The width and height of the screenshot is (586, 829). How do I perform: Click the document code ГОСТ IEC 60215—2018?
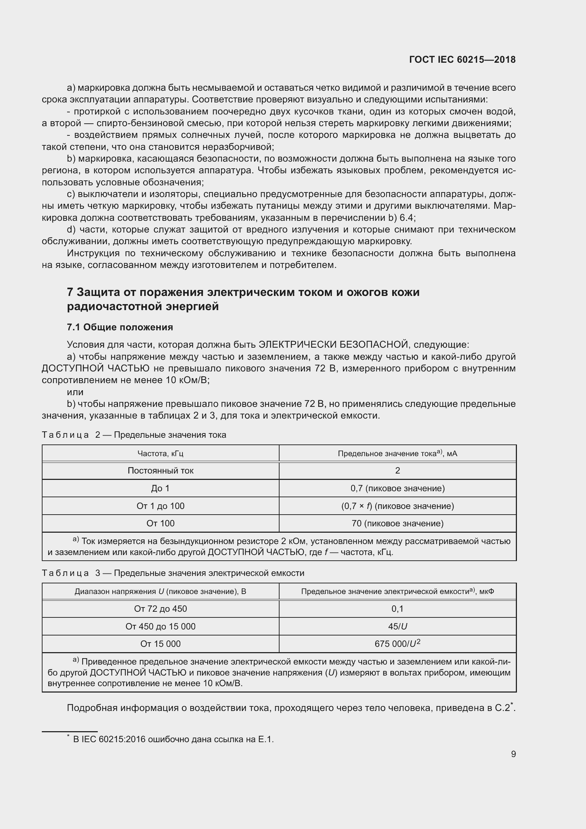pyautogui.click(x=462, y=60)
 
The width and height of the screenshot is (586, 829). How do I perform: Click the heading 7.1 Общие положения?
pyautogui.click(x=120, y=327)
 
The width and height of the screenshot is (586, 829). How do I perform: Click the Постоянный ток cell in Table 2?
pyautogui.click(x=160, y=471)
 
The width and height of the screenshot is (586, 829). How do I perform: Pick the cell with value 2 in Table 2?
pyautogui.click(x=397, y=471)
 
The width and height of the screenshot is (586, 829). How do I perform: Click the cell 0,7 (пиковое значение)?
pyautogui.click(x=397, y=488)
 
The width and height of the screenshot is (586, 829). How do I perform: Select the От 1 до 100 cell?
pyautogui.click(x=160, y=506)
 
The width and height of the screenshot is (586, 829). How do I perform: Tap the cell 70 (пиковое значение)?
pyautogui.click(x=397, y=523)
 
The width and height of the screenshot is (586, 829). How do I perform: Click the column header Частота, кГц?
pyautogui.click(x=160, y=454)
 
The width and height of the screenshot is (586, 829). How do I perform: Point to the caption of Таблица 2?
pyautogui.click(x=134, y=435)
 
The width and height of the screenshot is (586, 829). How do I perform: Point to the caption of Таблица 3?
pyautogui.click(x=173, y=573)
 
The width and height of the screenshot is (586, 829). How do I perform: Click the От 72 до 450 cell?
pyautogui.click(x=160, y=609)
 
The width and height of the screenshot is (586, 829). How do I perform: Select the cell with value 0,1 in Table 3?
pyautogui.click(x=397, y=609)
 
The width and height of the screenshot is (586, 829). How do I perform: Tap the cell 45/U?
pyautogui.click(x=397, y=626)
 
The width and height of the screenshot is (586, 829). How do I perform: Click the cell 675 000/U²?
pyautogui.click(x=397, y=644)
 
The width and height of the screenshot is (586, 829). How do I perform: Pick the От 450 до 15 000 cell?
pyautogui.click(x=160, y=626)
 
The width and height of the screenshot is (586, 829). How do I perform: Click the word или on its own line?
pyautogui.click(x=75, y=392)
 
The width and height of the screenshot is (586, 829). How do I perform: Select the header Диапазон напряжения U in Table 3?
pyautogui.click(x=160, y=592)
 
